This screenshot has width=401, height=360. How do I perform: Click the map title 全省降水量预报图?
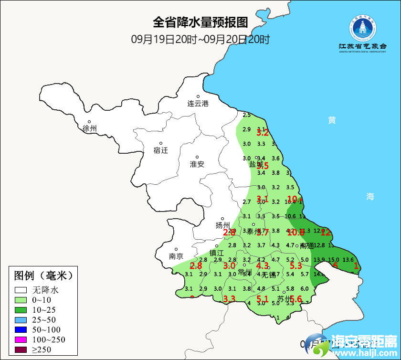tap(200, 22)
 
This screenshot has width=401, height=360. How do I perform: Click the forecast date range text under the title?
tap(200, 39)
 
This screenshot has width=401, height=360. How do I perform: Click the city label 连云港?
tap(198, 103)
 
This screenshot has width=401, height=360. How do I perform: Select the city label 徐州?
tap(90, 128)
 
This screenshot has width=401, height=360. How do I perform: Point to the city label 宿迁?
tap(161, 150)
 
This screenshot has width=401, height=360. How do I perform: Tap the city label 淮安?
tap(197, 164)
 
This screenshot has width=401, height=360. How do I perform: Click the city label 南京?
tap(176, 256)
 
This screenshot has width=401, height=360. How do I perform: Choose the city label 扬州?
tap(223, 225)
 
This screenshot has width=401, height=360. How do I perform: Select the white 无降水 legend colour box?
tap(21, 290)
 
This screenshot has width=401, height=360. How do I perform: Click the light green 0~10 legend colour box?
tap(21, 300)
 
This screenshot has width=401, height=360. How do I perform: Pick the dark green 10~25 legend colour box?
tap(21, 310)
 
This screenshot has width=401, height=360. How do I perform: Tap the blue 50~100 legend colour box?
tap(21, 330)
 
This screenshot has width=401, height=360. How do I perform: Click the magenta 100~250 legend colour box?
tap(21, 340)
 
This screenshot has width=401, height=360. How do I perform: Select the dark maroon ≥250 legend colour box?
tap(21, 350)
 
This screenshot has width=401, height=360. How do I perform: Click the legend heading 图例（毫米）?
tap(43, 275)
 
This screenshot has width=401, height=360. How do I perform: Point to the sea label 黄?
tap(332, 120)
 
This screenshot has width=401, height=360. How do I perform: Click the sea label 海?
tap(370, 196)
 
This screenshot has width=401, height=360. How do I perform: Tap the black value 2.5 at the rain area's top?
tap(247, 115)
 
